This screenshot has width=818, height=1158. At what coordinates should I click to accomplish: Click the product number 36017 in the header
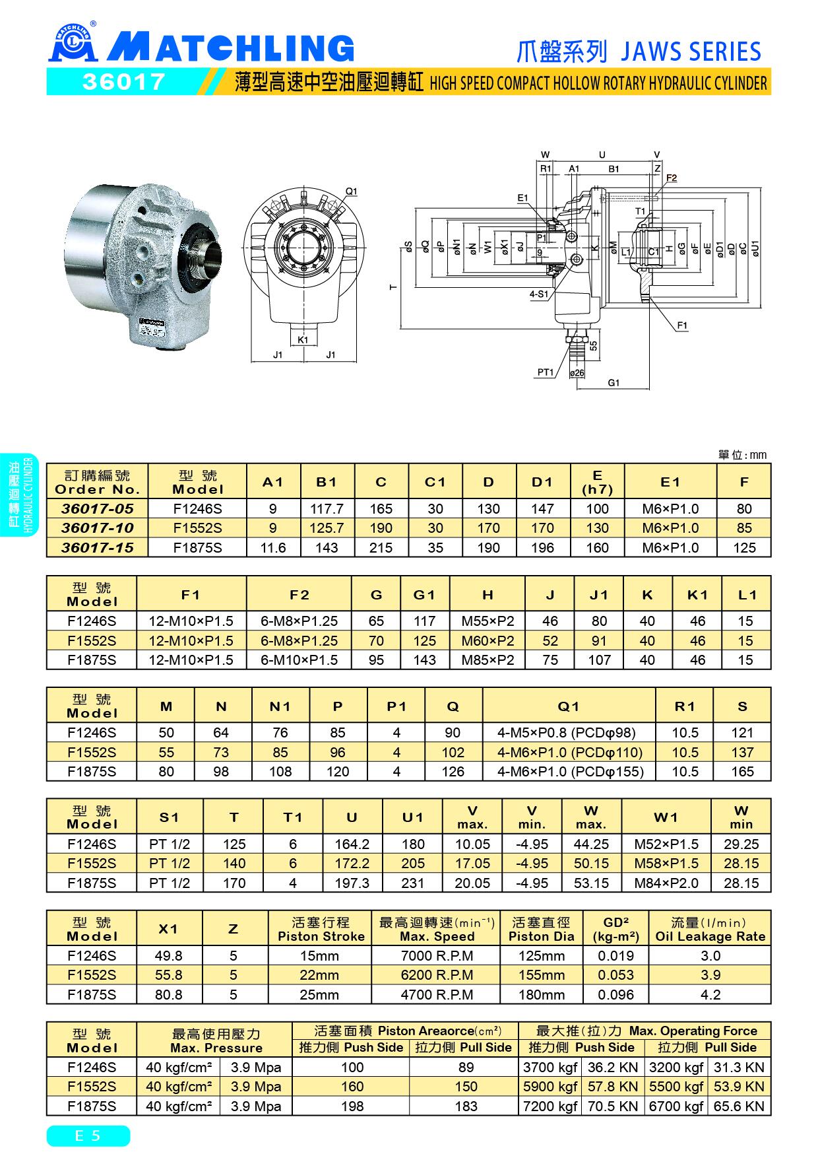pyautogui.click(x=123, y=82)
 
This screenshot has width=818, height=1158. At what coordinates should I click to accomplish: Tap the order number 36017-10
pyautogui.click(x=98, y=528)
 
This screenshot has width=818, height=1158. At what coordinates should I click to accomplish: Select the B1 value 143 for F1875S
pyautogui.click(x=327, y=547)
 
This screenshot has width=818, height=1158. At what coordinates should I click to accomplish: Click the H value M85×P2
pyautogui.click(x=488, y=660)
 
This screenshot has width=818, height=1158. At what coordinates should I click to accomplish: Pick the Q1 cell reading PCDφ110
pyautogui.click(x=569, y=752)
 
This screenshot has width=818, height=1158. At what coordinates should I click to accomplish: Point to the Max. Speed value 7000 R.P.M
pyautogui.click(x=437, y=955)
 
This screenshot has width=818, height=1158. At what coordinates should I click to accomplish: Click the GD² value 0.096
pyautogui.click(x=616, y=994)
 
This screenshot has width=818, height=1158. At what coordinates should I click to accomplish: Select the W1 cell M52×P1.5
pyautogui.click(x=666, y=844)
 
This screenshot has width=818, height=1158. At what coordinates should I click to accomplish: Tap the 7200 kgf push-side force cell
pyautogui.click(x=550, y=1106)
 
